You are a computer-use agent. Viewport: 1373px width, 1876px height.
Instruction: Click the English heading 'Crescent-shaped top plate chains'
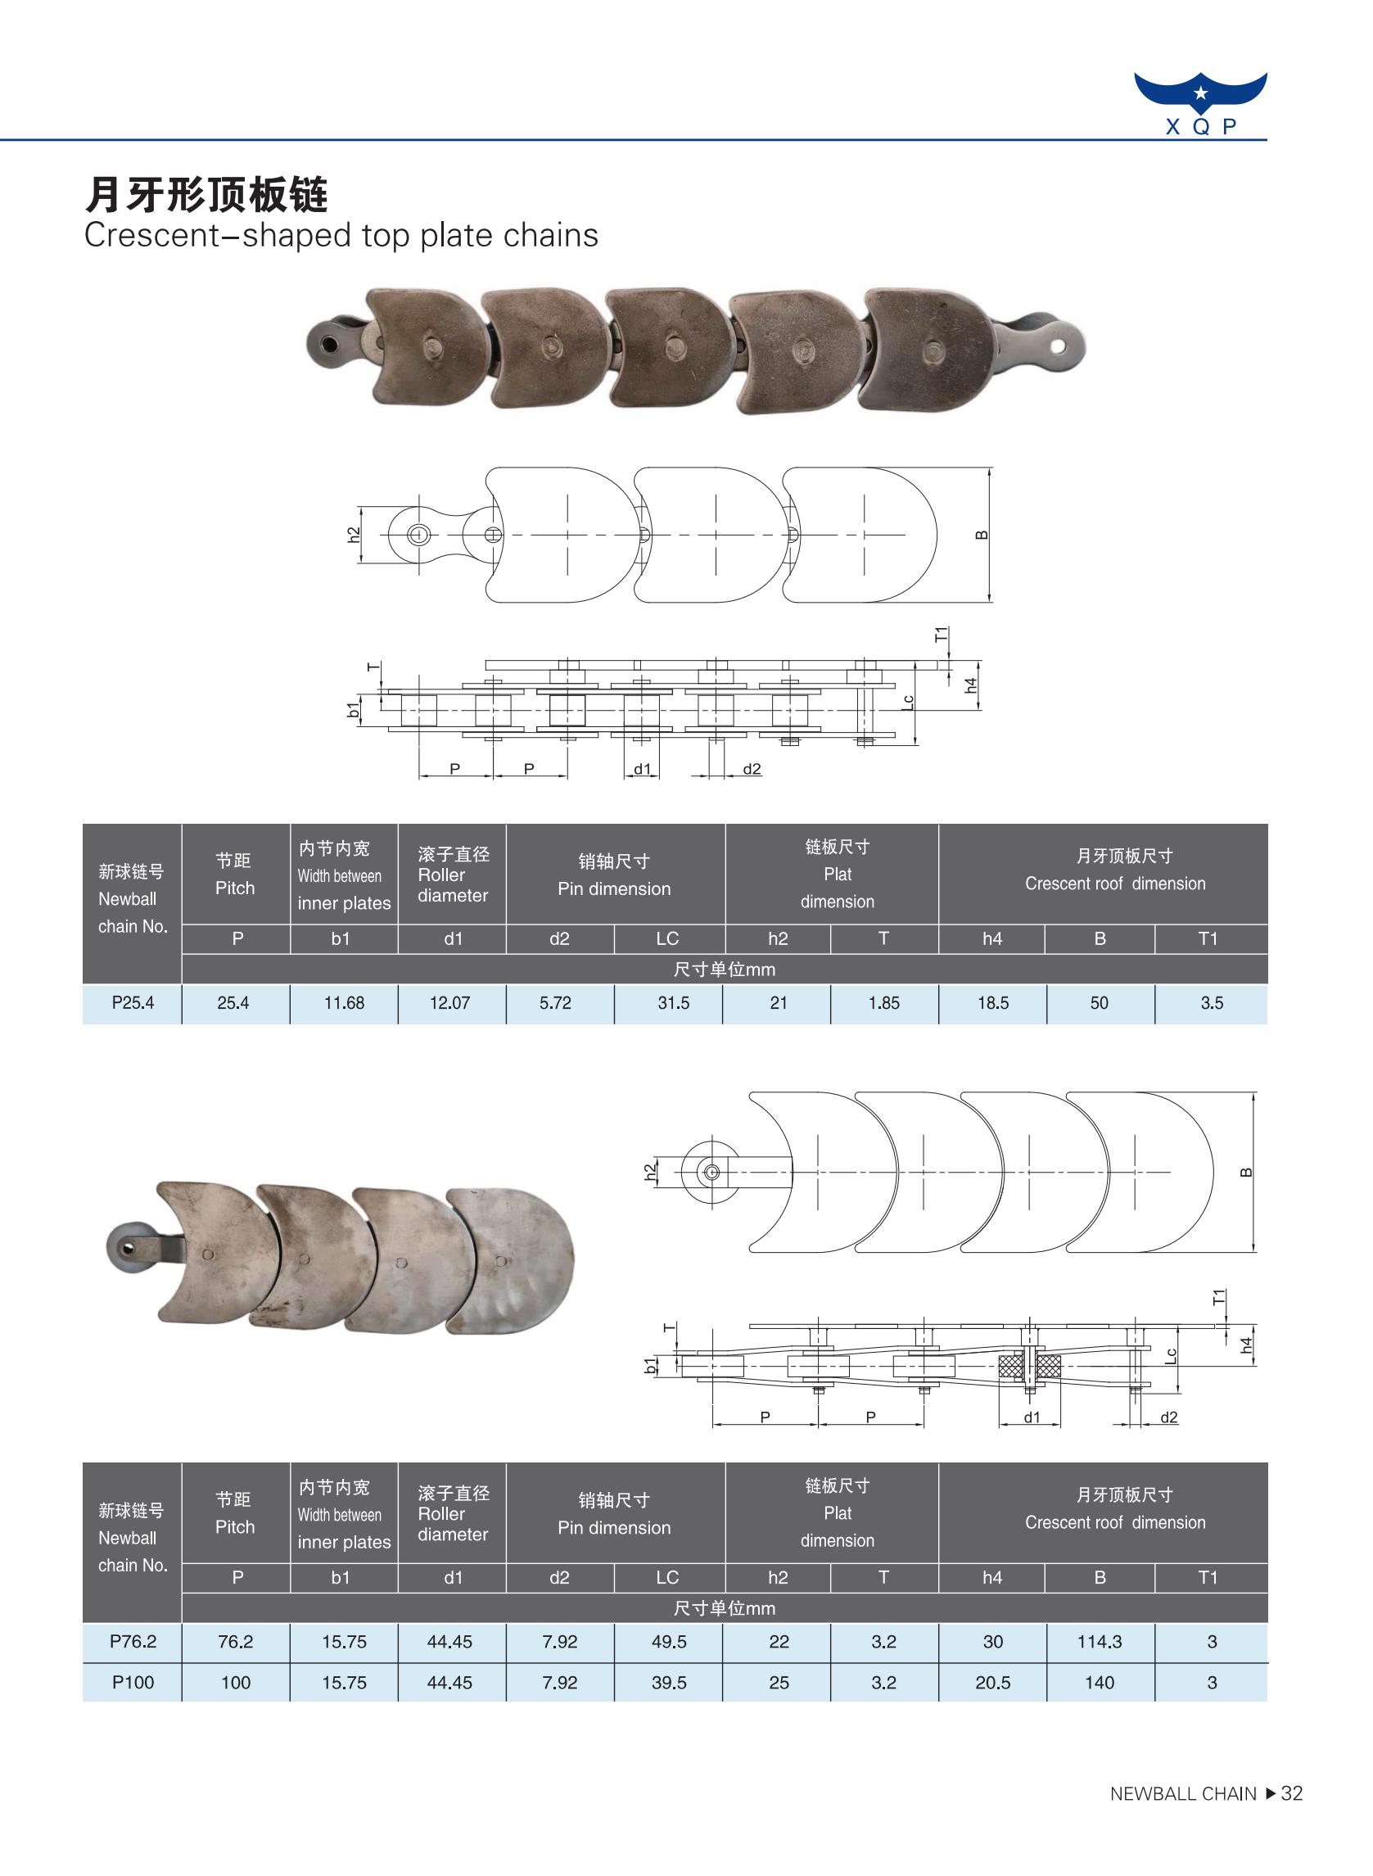(341, 236)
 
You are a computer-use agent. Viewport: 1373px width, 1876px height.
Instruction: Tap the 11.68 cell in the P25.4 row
(344, 1003)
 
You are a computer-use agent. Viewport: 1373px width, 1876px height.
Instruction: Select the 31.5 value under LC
(673, 1003)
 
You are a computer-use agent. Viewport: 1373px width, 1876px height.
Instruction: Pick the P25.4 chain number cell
(133, 1003)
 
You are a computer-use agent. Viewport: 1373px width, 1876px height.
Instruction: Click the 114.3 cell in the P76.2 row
(1100, 1642)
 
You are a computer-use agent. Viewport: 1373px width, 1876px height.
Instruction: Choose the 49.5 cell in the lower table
(669, 1642)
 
